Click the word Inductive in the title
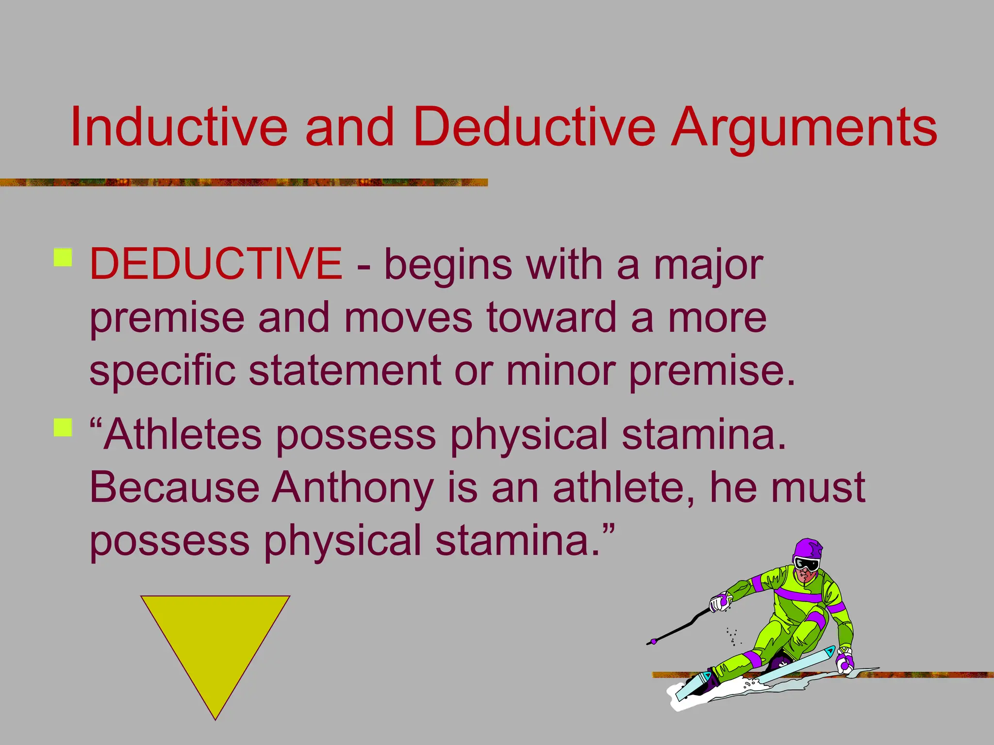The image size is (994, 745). pos(179,127)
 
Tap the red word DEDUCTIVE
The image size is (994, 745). pos(216,264)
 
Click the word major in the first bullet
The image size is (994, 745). pos(708,266)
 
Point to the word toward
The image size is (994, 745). pos(551,318)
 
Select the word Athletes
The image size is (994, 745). pos(182,435)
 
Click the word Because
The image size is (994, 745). pos(175,487)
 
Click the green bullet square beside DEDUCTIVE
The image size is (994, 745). pos(63,258)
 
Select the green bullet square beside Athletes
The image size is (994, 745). pos(63,428)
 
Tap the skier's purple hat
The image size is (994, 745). pos(808,549)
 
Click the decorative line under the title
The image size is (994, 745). pos(243,182)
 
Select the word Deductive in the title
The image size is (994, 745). pos(534,127)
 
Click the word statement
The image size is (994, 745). pos(345,371)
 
